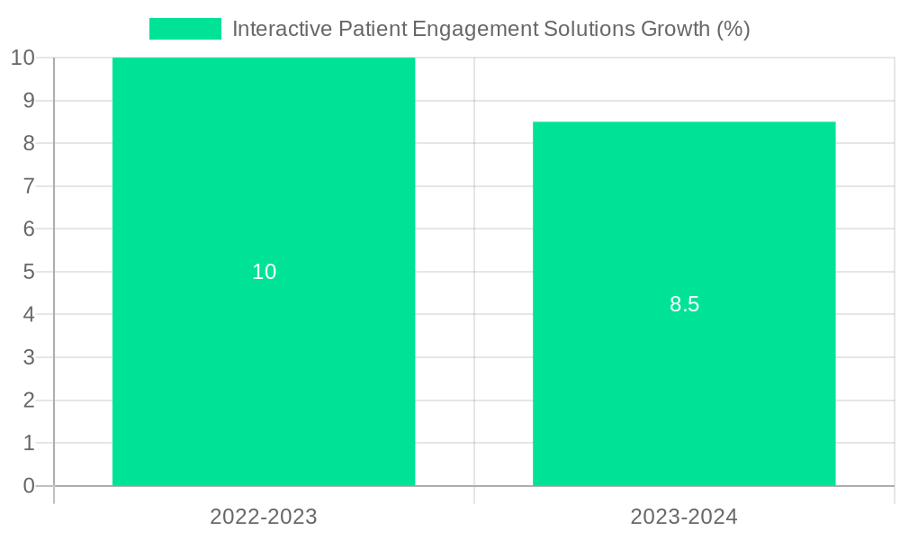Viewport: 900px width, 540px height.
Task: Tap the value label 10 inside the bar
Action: click(x=264, y=272)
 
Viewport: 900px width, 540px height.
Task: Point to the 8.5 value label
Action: click(x=684, y=304)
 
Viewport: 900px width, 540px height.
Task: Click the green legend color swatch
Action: click(x=184, y=29)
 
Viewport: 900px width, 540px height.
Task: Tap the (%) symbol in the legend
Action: click(x=733, y=29)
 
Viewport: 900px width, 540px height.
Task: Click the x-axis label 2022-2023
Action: click(x=264, y=517)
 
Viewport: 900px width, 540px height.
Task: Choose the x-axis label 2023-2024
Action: click(x=684, y=517)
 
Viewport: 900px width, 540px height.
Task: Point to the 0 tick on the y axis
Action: click(x=29, y=486)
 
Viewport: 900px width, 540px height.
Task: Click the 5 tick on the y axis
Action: click(x=29, y=272)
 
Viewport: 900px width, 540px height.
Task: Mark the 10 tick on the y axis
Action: click(x=22, y=58)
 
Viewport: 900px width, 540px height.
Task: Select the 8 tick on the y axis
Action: click(x=29, y=143)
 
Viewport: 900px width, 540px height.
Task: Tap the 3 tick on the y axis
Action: click(x=29, y=357)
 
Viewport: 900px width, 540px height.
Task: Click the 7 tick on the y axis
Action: click(x=29, y=186)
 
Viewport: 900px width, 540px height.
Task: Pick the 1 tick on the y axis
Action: click(x=29, y=443)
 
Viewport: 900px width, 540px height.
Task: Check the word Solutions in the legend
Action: click(x=589, y=29)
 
